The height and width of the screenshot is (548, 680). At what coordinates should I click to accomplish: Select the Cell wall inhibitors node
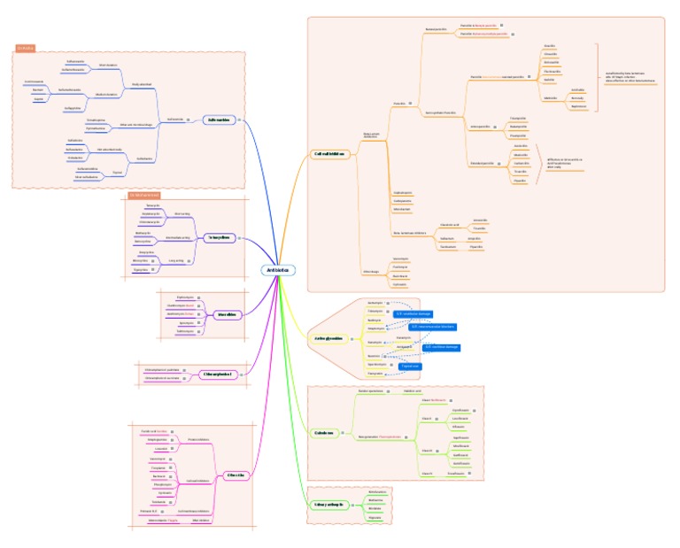click(329, 153)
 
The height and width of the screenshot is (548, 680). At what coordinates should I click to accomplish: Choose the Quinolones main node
click(325, 432)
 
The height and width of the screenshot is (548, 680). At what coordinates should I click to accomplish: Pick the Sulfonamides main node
click(218, 120)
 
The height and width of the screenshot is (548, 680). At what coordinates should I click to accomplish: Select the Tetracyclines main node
click(217, 238)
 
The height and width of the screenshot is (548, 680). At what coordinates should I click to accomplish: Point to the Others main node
click(234, 475)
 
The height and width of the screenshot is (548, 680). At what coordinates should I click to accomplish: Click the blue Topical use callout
click(410, 365)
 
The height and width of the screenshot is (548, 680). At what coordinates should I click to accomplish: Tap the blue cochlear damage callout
click(413, 313)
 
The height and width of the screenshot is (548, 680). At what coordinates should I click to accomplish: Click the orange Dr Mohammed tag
click(143, 194)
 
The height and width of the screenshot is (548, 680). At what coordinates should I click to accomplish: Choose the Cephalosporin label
click(401, 192)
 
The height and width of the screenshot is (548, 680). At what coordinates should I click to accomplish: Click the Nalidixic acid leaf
click(413, 390)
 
